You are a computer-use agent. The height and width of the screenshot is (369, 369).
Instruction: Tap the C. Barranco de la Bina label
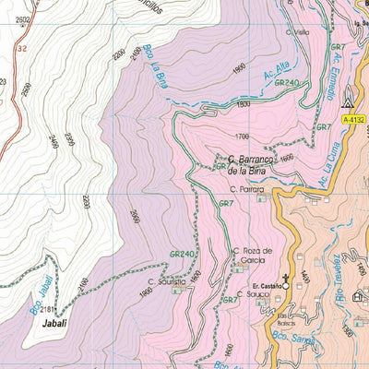pyautogui.click(x=247, y=164)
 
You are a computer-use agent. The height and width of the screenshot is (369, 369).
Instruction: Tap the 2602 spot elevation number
pyautogui.click(x=23, y=19)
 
